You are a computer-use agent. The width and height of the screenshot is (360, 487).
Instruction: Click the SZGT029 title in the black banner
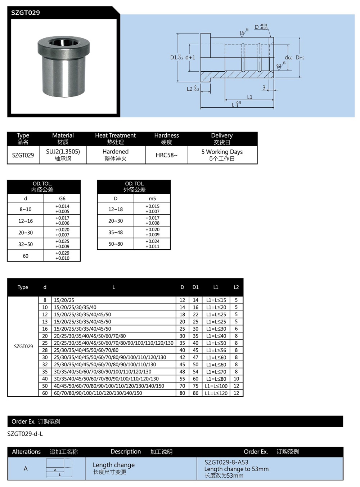[x=25, y=13]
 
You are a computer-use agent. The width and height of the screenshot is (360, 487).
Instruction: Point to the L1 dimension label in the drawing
[x=250, y=97]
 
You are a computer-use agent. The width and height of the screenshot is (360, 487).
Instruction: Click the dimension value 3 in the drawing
[x=264, y=88]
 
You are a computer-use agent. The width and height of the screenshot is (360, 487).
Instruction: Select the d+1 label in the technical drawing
[x=190, y=57]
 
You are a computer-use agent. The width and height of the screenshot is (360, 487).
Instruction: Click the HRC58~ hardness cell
[x=166, y=155]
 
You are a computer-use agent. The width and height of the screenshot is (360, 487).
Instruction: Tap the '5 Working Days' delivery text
[x=222, y=152]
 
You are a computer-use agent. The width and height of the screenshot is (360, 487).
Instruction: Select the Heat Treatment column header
[x=115, y=135]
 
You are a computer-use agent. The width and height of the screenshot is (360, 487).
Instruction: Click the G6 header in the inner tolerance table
[x=62, y=198]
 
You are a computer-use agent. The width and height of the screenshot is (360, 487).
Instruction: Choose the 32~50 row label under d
[x=26, y=244]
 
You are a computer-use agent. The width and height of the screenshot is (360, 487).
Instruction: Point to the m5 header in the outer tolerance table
[x=152, y=198]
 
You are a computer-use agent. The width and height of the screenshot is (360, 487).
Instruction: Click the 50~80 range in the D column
[x=116, y=244]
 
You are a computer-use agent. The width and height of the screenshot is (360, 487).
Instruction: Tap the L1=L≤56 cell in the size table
[x=216, y=350]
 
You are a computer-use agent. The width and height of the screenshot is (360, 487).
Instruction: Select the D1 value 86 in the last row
[x=195, y=393]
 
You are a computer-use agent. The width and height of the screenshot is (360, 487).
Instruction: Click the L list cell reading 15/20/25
[x=64, y=300]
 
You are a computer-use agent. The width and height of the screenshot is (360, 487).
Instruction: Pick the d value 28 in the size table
[x=45, y=350]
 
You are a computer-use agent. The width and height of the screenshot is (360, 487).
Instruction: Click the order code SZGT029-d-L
[x=25, y=434]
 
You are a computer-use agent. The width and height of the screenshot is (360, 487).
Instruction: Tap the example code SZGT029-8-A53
[x=226, y=462]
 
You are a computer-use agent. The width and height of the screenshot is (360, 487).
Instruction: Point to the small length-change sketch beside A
[x=59, y=468]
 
